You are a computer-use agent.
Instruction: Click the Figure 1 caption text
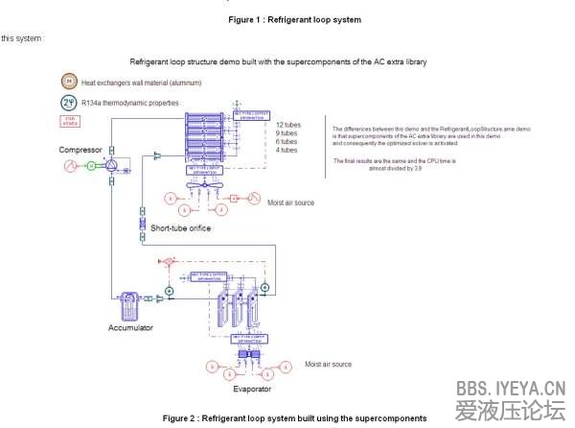[294, 19]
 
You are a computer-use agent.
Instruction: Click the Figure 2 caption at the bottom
[294, 418]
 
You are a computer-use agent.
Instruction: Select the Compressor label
[80, 150]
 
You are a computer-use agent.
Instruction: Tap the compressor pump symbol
[112, 166]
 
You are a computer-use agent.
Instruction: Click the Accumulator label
[130, 328]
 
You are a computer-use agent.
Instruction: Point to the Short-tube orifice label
[180, 228]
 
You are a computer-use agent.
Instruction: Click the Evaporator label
[252, 389]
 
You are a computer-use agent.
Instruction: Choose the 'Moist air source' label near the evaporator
[328, 365]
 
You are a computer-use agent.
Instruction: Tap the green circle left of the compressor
[91, 166]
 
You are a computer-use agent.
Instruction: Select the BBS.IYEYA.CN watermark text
[510, 389]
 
